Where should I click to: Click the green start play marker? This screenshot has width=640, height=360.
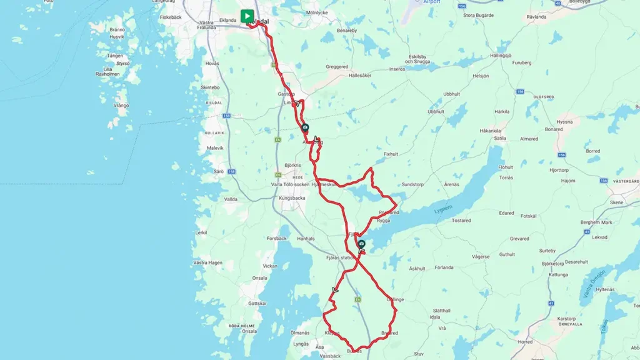click(x=247, y=16)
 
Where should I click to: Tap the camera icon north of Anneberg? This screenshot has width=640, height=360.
click(x=305, y=127)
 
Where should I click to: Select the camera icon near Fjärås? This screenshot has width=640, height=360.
click(x=361, y=243)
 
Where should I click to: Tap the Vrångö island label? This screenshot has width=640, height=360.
click(x=121, y=105)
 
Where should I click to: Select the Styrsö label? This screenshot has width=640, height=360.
click(x=123, y=63)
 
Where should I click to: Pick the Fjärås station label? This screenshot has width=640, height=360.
click(x=341, y=257)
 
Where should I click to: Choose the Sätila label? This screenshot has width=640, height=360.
click(x=499, y=137)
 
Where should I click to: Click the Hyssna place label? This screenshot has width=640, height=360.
click(x=564, y=122)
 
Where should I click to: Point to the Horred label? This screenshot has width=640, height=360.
click(x=525, y=342)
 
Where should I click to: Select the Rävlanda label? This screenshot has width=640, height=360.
click(x=536, y=17)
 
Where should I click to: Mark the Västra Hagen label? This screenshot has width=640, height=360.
click(x=207, y=262)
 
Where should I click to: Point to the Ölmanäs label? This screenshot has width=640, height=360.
click(x=300, y=332)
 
